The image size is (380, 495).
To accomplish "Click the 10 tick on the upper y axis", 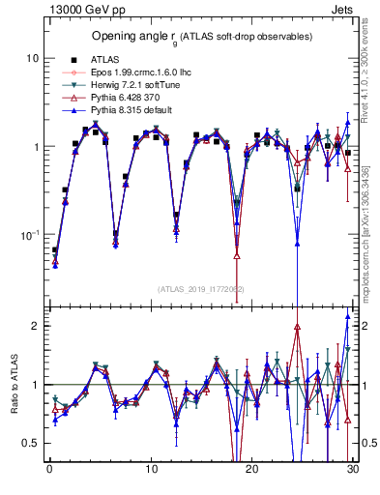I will (33, 58).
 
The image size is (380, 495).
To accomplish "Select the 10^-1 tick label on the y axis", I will (29, 235).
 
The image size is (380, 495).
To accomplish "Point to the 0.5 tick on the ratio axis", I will (31, 443).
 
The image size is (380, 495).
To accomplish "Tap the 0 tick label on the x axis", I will (49, 470).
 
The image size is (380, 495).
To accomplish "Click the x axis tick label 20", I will (251, 470).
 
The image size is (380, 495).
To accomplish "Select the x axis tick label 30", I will (352, 470).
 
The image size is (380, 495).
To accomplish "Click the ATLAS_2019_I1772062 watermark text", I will (201, 289).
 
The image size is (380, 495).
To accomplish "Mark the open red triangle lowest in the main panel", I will (237, 255).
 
